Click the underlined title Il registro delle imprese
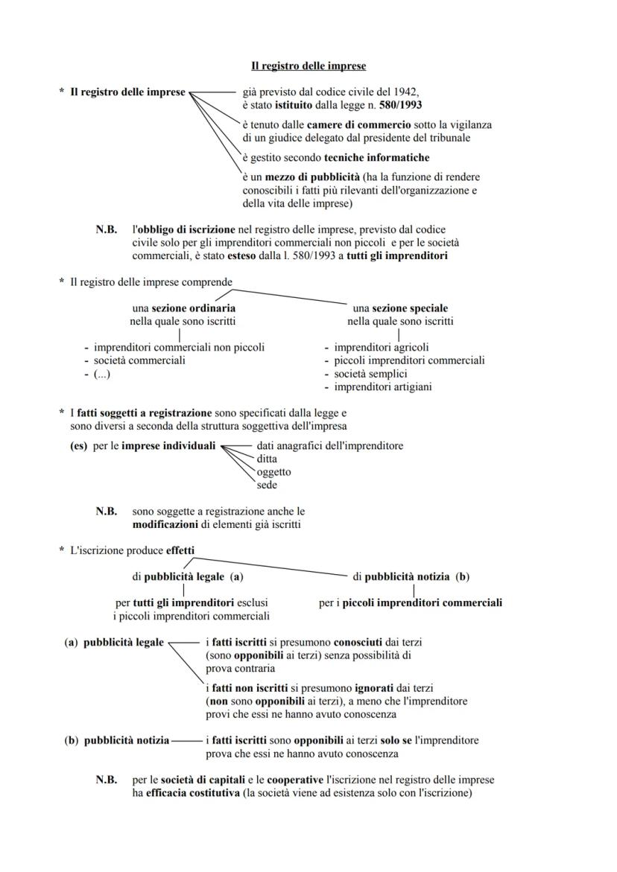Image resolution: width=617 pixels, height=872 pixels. (308, 66)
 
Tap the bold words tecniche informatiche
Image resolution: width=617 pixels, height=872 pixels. (376, 158)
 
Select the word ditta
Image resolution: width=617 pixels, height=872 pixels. (268, 459)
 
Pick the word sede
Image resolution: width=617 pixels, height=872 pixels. (267, 486)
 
